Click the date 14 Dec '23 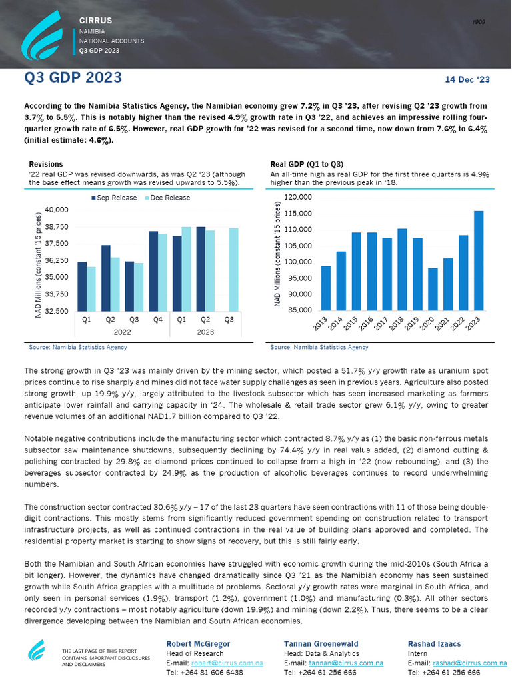tap(467, 79)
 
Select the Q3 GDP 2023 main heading tap(73, 78)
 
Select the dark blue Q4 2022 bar tap(153, 271)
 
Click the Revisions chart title tap(46, 164)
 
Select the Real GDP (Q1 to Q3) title tap(307, 164)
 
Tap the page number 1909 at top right tap(478, 23)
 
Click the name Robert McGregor tap(198, 644)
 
